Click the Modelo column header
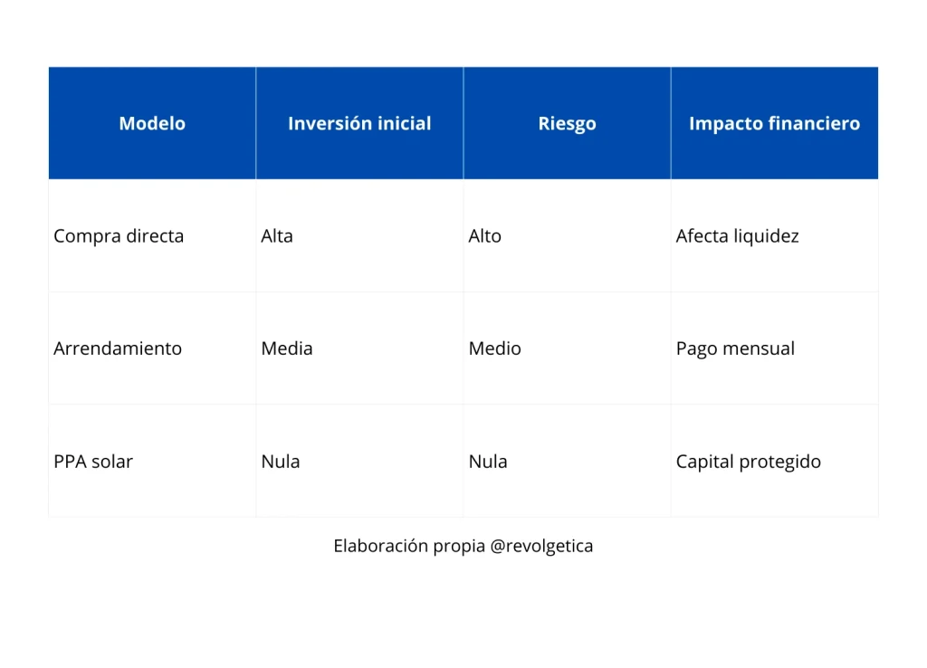click(152, 124)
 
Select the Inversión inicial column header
click(359, 124)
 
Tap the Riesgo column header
click(567, 124)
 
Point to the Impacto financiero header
click(774, 124)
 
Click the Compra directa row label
click(119, 236)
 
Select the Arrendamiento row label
click(118, 348)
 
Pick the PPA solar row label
click(93, 462)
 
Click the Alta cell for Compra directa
click(277, 236)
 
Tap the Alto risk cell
click(484, 236)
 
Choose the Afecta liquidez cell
click(737, 236)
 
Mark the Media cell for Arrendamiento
click(287, 348)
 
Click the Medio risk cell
click(494, 348)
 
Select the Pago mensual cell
click(735, 348)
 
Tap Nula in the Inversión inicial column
click(281, 462)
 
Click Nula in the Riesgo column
click(488, 462)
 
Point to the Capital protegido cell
click(748, 462)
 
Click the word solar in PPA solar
click(111, 462)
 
